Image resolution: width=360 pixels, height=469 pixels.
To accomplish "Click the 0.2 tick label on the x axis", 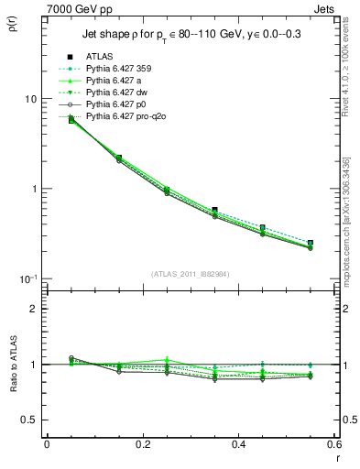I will (x=143, y=444).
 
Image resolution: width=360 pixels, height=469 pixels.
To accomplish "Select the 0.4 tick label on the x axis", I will (x=239, y=444).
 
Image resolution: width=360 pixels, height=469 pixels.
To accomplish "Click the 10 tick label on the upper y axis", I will (x=30, y=99).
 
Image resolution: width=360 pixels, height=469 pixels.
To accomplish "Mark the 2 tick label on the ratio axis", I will (x=34, y=309).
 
